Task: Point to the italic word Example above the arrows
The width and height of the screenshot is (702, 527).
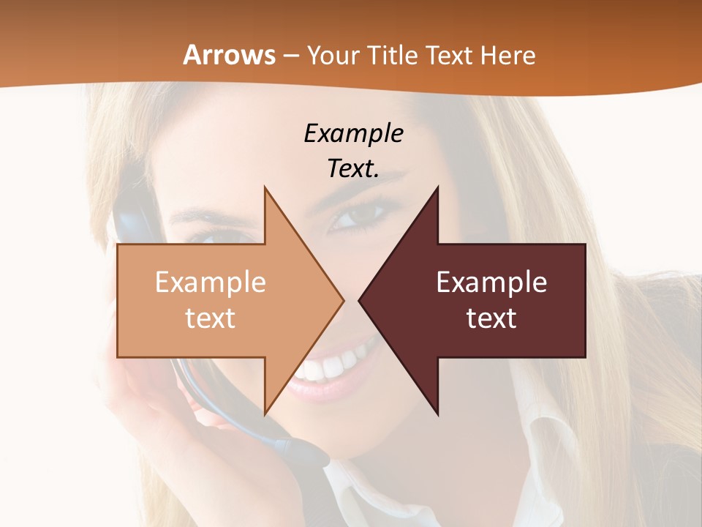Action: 353,133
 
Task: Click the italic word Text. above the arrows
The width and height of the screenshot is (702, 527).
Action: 353,168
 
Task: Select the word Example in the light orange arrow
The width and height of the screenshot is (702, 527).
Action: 211,283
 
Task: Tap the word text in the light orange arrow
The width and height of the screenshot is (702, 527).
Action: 211,318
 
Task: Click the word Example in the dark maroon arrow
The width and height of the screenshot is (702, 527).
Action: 491,283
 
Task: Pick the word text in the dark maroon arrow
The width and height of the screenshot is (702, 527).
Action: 491,318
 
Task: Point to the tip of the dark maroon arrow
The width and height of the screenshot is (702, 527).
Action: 361,300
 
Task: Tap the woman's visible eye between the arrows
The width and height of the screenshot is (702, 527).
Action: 359,217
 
